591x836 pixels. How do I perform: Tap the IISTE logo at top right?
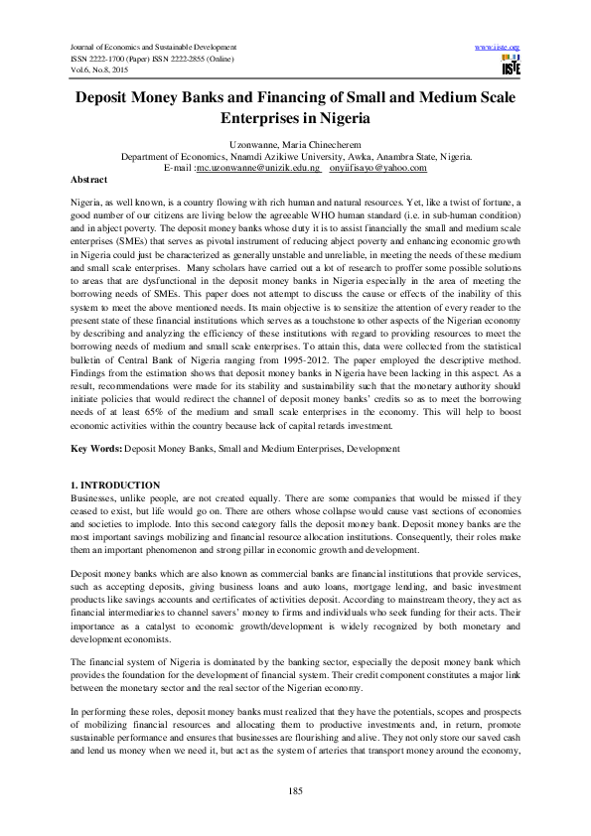(511, 67)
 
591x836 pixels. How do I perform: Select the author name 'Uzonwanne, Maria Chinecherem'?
(296, 146)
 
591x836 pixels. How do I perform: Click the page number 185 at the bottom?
(295, 789)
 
